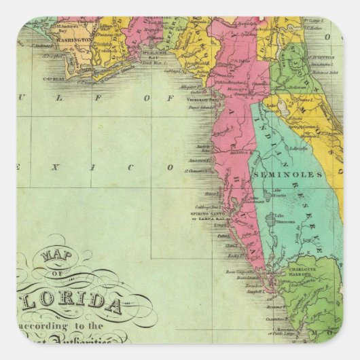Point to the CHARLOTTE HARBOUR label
(313, 273)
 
